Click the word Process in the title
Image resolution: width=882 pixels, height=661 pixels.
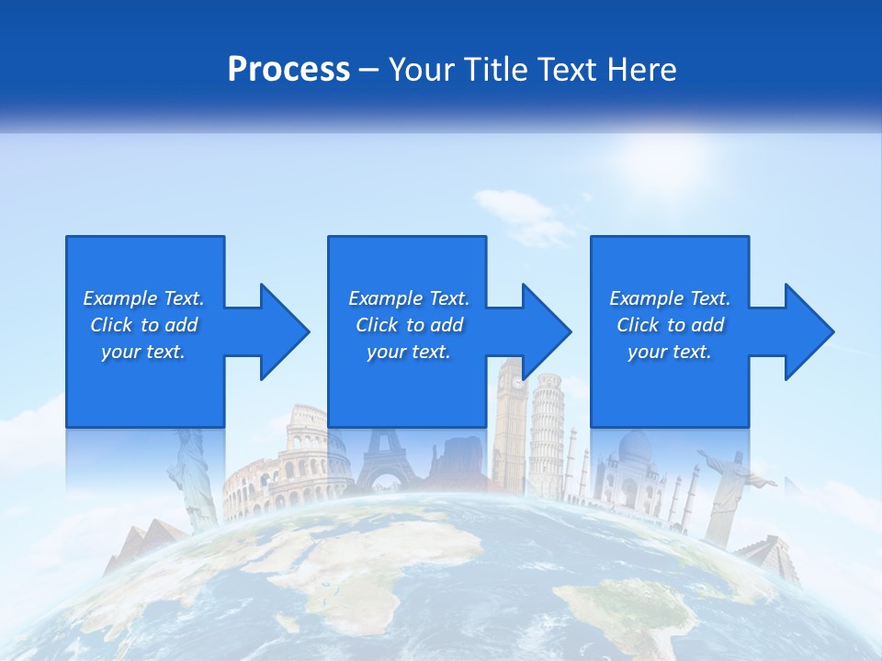coord(288,69)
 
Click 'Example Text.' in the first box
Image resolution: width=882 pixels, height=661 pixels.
coord(143,298)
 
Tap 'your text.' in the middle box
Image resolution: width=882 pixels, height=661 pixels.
coord(408,352)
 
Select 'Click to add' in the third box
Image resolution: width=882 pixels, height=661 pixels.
coord(670,325)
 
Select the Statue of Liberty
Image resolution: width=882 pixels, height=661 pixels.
coord(196,477)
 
